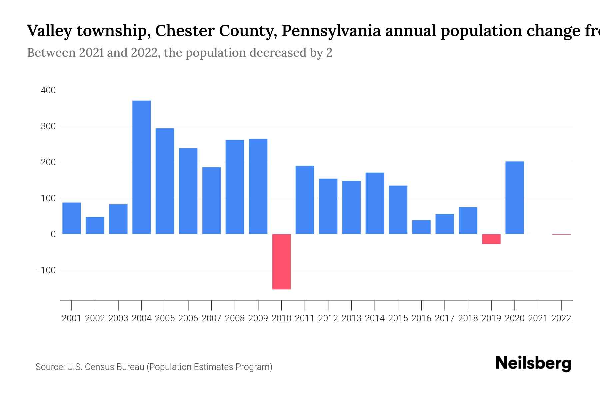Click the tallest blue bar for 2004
(141, 167)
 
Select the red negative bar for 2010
(281, 262)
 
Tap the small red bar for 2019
(491, 239)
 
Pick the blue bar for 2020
(515, 198)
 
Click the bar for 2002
(95, 225)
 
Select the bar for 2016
(421, 227)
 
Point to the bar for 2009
(258, 186)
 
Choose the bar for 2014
(375, 203)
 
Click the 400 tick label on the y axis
(48, 90)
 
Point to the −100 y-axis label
(46, 270)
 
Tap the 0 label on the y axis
(53, 234)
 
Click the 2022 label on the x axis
(561, 318)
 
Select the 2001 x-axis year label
(72, 318)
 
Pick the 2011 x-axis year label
(305, 318)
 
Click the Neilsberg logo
(533, 363)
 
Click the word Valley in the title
(49, 31)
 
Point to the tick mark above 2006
(188, 305)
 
